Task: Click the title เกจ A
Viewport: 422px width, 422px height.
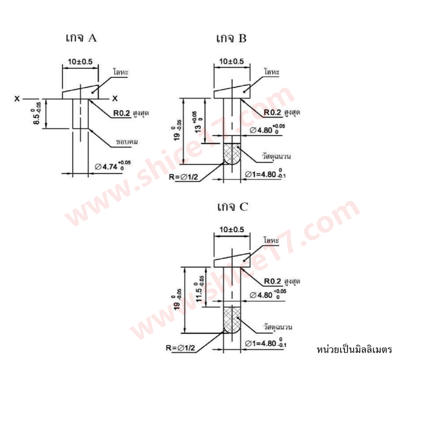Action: (81, 38)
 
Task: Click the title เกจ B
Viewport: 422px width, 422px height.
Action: (231, 38)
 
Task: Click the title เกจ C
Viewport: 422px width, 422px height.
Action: (233, 207)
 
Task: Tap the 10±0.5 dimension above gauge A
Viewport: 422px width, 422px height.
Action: (80, 62)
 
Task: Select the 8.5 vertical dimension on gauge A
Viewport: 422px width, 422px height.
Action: (37, 114)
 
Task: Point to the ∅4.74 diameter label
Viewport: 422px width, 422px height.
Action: (113, 165)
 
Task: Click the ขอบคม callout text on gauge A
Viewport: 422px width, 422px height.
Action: (127, 141)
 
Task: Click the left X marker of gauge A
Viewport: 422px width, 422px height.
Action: (17, 99)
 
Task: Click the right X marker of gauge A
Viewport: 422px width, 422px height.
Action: (115, 98)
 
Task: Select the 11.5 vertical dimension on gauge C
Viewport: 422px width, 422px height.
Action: (200, 289)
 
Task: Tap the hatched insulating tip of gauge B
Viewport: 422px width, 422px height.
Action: (232, 154)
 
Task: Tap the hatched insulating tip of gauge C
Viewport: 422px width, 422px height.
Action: (232, 320)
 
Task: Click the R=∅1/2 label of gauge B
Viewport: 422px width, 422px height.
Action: (183, 177)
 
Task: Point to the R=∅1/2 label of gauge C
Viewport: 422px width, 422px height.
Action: (180, 348)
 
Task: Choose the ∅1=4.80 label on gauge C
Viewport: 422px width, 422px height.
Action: (265, 343)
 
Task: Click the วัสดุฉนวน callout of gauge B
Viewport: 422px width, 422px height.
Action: (276, 156)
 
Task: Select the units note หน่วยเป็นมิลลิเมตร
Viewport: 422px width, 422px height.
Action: (354, 349)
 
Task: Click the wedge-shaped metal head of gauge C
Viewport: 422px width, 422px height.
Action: (232, 260)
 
